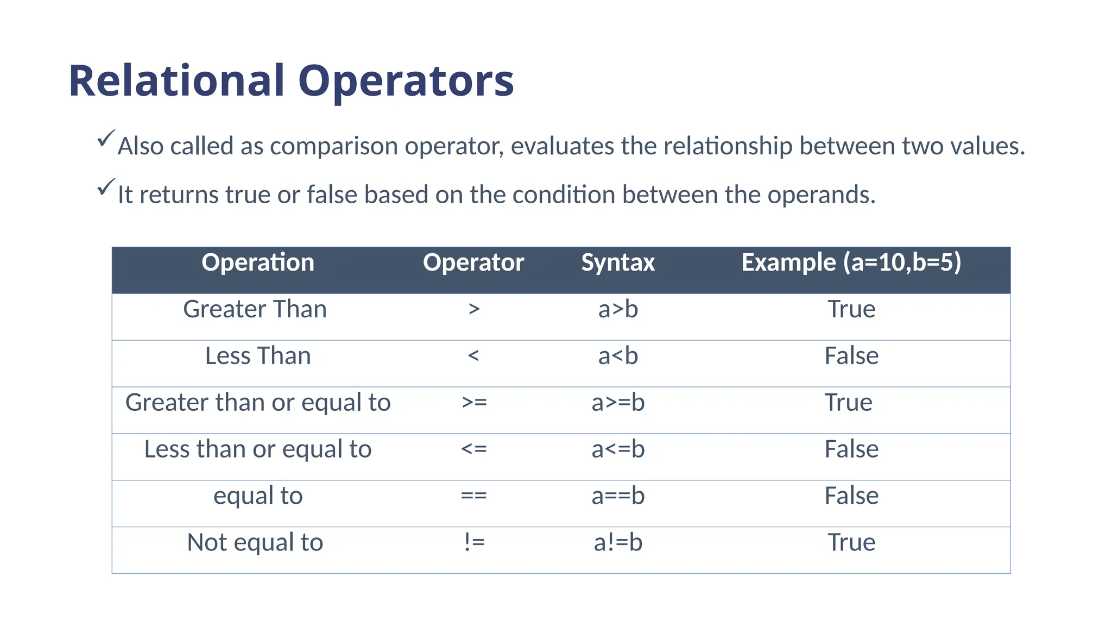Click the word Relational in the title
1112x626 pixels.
click(176, 81)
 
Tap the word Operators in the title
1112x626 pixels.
click(406, 81)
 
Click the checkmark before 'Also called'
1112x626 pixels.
click(106, 139)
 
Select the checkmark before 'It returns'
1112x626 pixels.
click(106, 187)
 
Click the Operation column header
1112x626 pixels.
click(258, 262)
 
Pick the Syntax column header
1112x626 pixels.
click(618, 262)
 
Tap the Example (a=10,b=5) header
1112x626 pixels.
click(851, 262)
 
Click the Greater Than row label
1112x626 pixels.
click(255, 309)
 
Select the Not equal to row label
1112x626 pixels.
click(255, 542)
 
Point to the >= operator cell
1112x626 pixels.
click(474, 403)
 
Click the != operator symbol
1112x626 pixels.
click(474, 542)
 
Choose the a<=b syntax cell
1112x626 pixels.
click(618, 449)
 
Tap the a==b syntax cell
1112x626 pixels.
click(618, 496)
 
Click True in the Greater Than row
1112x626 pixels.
click(851, 309)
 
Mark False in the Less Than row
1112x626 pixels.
click(851, 356)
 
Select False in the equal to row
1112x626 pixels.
click(851, 496)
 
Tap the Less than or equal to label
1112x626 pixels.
click(258, 449)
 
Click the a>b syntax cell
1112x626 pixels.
click(618, 309)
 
